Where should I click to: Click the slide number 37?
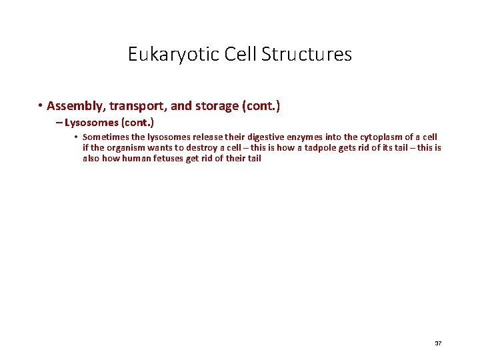coord(438,343)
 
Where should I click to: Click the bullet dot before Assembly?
coord(41,106)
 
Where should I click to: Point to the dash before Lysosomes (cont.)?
coord(59,123)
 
